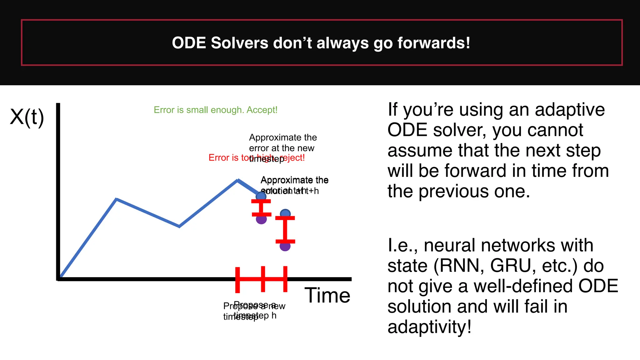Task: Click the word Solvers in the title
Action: (239, 43)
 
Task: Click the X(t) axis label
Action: (27, 117)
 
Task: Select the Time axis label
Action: (327, 295)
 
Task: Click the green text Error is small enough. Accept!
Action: (215, 110)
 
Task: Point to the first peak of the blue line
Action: (116, 199)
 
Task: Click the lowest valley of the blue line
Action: (179, 226)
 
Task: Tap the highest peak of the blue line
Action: (238, 180)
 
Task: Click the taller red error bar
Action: (285, 230)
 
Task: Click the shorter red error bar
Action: (261, 208)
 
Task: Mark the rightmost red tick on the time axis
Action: (285, 279)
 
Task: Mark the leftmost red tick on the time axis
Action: (237, 280)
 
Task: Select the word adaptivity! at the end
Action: (429, 327)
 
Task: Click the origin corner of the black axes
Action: (58, 279)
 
